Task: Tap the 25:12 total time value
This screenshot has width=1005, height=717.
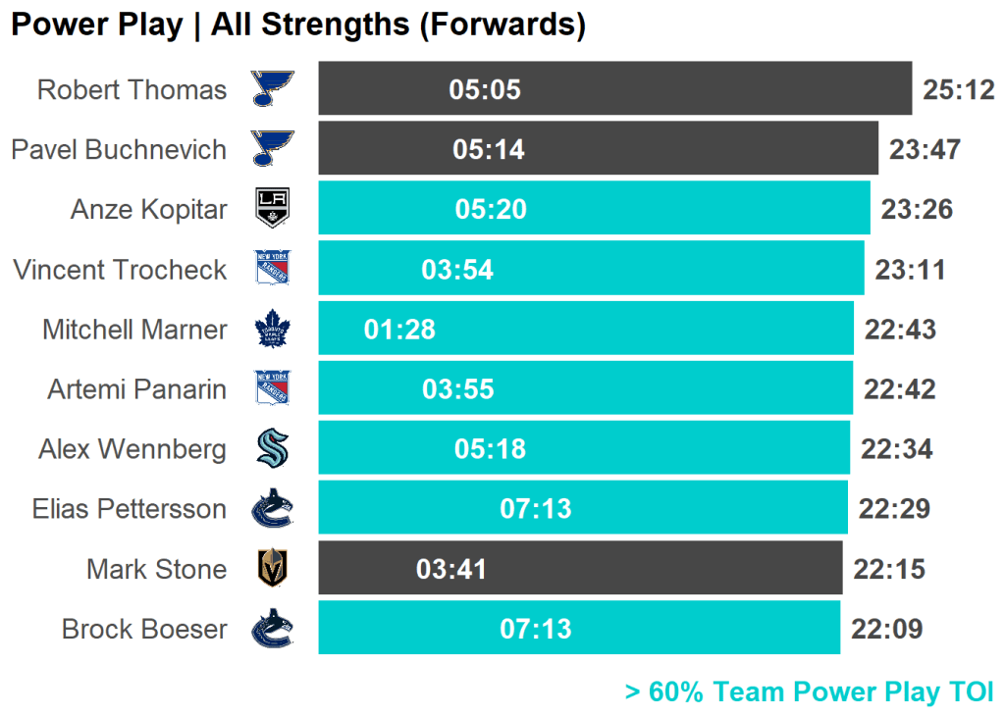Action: click(x=959, y=90)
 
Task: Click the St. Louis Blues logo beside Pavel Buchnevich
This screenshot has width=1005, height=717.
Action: click(x=272, y=149)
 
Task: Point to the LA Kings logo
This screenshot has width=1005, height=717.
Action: click(x=272, y=209)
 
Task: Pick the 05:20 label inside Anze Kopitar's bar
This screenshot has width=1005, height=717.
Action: click(x=491, y=209)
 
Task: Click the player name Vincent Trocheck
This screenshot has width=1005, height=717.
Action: click(x=120, y=270)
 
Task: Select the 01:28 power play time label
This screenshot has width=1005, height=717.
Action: click(x=399, y=330)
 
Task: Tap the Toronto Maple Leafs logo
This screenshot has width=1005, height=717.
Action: click(x=273, y=330)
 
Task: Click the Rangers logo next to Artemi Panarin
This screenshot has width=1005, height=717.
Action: click(x=273, y=389)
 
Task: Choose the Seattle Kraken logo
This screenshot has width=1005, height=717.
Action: click(x=272, y=449)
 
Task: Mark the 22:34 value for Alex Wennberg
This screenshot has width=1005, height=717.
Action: click(x=896, y=449)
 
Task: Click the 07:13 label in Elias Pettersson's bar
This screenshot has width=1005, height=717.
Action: click(x=536, y=509)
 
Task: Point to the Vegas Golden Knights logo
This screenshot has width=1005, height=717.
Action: click(x=272, y=569)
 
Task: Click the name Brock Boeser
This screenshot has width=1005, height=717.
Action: click(x=144, y=629)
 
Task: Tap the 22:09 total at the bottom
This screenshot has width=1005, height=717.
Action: click(x=887, y=629)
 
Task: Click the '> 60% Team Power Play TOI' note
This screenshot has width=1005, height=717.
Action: click(x=810, y=691)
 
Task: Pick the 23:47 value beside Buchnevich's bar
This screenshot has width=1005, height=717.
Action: click(x=925, y=150)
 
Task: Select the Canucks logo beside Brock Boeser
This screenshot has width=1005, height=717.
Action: click(x=273, y=629)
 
